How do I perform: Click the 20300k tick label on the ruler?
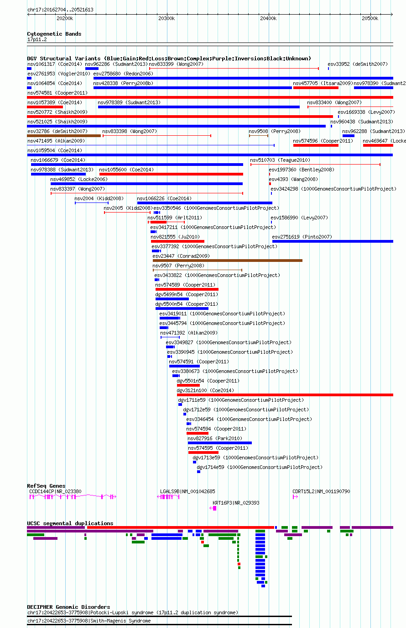(167, 18)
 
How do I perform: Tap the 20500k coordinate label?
(370, 18)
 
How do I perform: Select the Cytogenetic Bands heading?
(54, 34)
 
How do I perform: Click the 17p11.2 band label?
(37, 39)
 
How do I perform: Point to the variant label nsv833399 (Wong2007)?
(176, 64)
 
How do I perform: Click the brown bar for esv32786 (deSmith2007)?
(64, 136)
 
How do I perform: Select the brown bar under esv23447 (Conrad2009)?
(228, 261)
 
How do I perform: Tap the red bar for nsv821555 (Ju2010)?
(177, 241)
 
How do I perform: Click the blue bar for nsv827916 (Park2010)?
(219, 443)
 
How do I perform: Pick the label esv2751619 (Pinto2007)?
(302, 237)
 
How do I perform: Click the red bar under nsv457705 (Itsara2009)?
(316, 88)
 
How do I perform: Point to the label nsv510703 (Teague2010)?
(280, 160)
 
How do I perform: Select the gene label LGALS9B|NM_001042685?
(187, 491)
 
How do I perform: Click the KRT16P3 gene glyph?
(213, 508)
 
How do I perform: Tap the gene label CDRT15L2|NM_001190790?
(321, 491)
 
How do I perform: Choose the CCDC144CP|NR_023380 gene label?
(55, 491)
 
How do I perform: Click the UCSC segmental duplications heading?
(70, 523)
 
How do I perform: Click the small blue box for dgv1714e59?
(198, 472)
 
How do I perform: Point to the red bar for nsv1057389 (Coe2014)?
(45, 107)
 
